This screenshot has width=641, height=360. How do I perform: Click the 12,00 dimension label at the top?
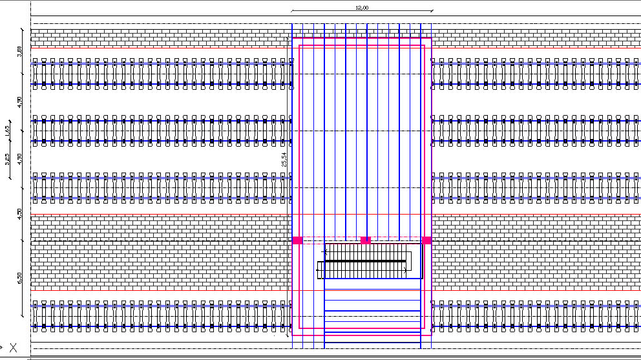[361, 7]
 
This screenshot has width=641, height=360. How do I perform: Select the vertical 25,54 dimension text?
[284, 160]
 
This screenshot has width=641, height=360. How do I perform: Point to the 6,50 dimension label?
[20, 278]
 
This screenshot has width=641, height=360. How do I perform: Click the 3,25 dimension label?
[7, 159]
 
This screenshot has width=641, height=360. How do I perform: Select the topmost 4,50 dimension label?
[20, 102]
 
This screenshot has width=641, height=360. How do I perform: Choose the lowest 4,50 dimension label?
[20, 214]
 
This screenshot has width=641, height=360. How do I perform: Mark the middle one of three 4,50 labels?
[20, 158]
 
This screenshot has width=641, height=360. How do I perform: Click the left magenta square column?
[297, 240]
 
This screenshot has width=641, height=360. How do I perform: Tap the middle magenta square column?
[365, 240]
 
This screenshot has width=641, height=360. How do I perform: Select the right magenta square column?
[426, 240]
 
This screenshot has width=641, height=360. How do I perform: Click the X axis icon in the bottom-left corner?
[12, 348]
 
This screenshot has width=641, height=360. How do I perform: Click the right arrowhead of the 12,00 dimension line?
[432, 11]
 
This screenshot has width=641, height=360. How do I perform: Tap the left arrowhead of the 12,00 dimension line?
[293, 11]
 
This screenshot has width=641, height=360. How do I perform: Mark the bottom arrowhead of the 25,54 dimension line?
[288, 335]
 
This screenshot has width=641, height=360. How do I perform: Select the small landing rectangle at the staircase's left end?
[320, 270]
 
